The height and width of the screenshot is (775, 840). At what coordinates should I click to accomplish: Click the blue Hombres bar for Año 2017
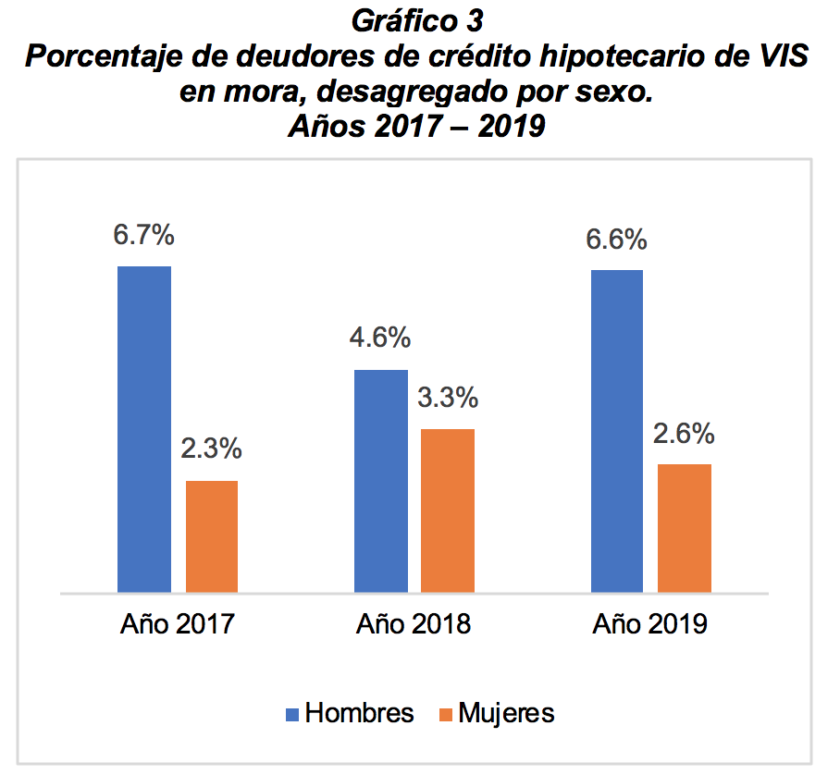tap(144, 428)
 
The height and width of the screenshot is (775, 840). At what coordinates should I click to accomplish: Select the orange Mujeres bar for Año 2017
tap(212, 535)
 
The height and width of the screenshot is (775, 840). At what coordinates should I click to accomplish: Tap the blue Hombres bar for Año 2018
tap(381, 480)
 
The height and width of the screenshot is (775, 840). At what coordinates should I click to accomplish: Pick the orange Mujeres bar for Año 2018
tap(448, 510)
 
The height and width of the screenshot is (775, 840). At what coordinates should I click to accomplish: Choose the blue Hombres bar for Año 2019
tap(617, 430)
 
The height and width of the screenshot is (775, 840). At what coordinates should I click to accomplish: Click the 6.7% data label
tap(144, 236)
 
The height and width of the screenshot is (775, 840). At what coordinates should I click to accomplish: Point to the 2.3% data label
tap(212, 450)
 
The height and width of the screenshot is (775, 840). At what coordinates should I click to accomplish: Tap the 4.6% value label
tap(380, 338)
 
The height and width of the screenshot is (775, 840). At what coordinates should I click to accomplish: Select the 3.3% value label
tap(448, 399)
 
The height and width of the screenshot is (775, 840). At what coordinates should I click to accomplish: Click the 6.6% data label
tap(616, 240)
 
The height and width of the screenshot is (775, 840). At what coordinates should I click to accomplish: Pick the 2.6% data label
tap(684, 434)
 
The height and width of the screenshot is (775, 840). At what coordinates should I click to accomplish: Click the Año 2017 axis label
tap(178, 624)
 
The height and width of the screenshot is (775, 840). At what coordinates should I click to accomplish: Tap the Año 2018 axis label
tap(414, 624)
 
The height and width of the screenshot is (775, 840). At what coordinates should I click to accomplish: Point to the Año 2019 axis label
tap(650, 624)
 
